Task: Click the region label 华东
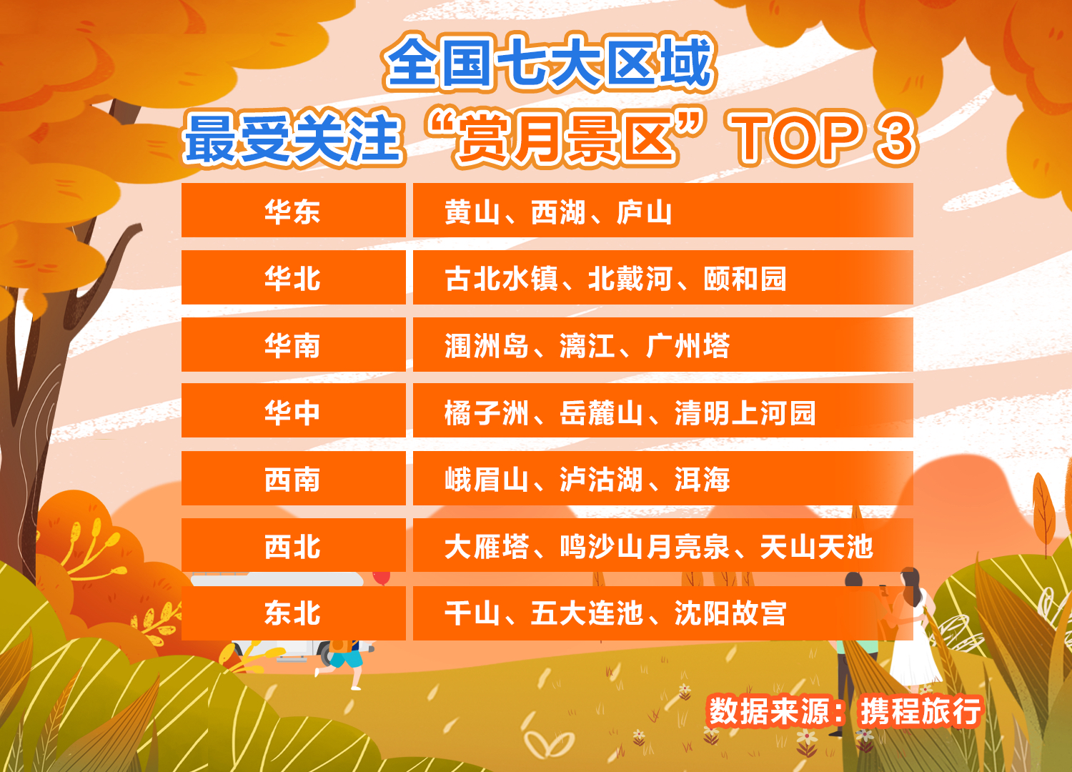tap(292, 212)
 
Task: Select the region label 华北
tap(292, 279)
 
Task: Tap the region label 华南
tap(292, 345)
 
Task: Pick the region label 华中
tap(292, 412)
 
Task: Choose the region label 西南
tap(292, 480)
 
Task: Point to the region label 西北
tap(292, 547)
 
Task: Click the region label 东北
tap(292, 613)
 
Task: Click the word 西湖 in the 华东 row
tap(558, 212)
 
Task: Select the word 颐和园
tap(745, 279)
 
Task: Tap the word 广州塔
tap(688, 345)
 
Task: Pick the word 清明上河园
tap(745, 412)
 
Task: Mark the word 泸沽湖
tap(602, 480)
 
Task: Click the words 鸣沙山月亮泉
tap(645, 547)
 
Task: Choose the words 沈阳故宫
tap(731, 613)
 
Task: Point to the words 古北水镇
tap(501, 279)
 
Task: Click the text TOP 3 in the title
tap(823, 139)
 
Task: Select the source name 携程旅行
tap(920, 711)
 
